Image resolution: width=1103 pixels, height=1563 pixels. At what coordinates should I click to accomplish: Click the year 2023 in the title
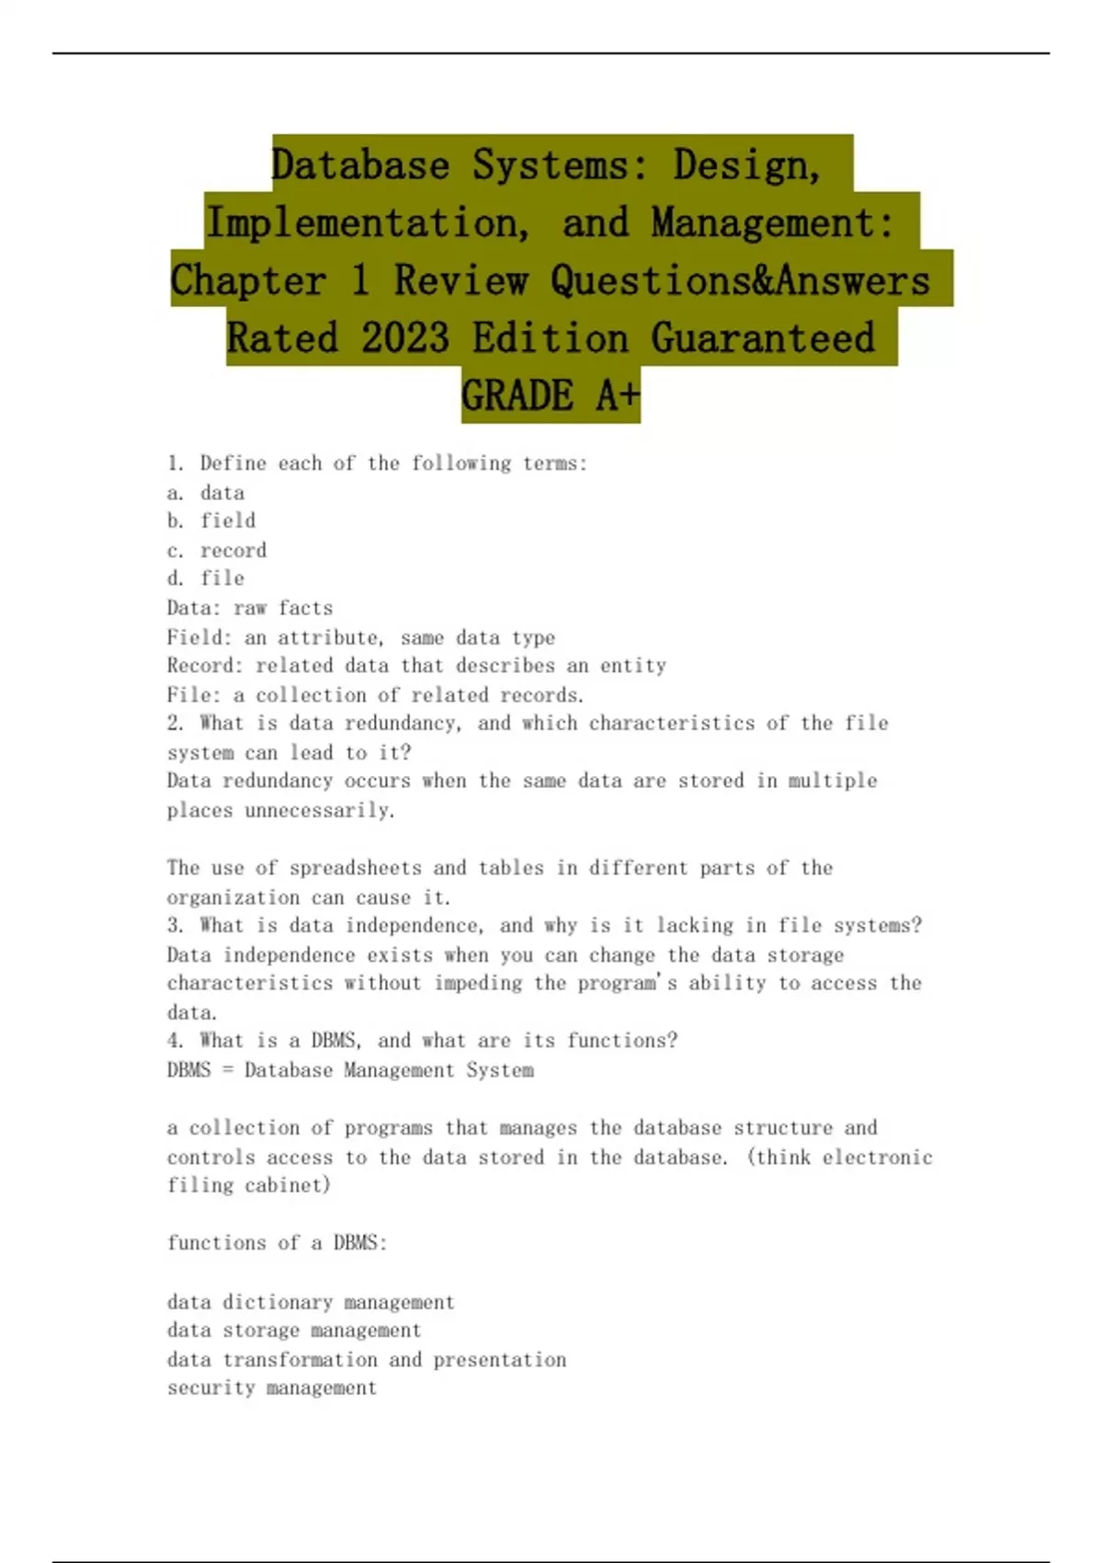tap(405, 337)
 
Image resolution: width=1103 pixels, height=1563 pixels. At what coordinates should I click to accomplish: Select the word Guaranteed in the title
tap(763, 337)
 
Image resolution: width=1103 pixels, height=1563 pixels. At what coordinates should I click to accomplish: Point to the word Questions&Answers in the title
tap(740, 280)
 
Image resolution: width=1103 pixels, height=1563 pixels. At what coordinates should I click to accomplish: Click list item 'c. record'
tap(217, 550)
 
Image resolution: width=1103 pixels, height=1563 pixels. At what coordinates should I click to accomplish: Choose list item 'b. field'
tap(211, 520)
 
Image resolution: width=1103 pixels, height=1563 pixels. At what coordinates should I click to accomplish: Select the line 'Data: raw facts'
tap(250, 608)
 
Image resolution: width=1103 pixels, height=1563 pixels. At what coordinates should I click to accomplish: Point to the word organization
tap(233, 897)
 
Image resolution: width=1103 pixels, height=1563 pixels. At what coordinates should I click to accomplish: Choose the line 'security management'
tap(272, 1387)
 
